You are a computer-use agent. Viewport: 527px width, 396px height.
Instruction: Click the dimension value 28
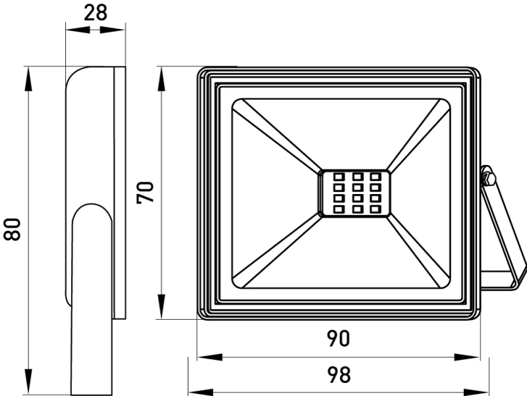[x=95, y=13]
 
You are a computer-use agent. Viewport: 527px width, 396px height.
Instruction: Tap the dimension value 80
[x=13, y=229]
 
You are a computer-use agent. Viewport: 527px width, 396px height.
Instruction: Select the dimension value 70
[x=145, y=192]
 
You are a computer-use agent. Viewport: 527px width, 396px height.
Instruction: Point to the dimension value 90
[x=339, y=339]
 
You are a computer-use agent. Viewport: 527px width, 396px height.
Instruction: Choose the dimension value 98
[x=339, y=375]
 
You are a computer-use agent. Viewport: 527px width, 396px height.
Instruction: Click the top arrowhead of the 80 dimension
[x=28, y=79]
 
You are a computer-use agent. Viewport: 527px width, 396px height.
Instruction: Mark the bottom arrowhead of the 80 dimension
[x=28, y=381]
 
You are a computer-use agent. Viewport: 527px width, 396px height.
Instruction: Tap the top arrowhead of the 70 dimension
[x=161, y=79]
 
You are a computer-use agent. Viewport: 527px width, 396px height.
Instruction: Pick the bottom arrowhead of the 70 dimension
[x=161, y=306]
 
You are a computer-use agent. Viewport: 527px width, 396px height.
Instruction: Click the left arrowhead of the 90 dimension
[x=209, y=357]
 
